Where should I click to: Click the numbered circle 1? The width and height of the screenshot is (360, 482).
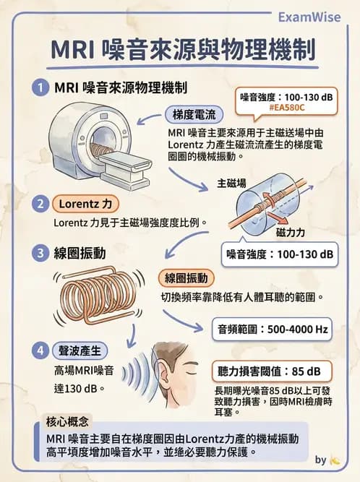[40, 88]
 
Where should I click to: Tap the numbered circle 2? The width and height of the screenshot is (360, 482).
[40, 203]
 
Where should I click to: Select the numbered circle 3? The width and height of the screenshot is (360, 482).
[40, 253]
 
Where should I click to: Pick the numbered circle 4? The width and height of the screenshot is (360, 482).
[40, 350]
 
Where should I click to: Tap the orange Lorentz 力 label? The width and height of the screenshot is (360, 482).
[85, 203]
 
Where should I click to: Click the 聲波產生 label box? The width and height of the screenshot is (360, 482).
[80, 350]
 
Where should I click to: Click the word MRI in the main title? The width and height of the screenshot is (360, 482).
[76, 51]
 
